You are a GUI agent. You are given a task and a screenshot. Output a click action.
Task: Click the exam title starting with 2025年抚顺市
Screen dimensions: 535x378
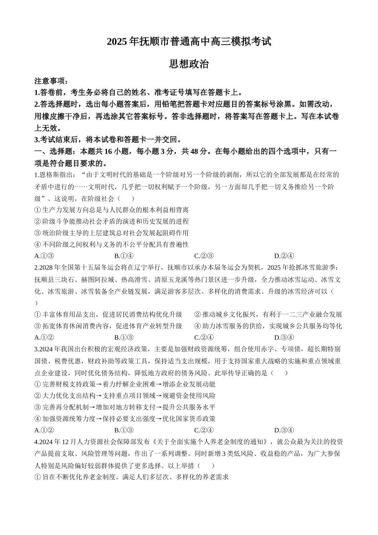pyautogui.click(x=189, y=41)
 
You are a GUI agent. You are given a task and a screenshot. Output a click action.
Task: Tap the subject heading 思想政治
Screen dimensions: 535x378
pyautogui.click(x=189, y=64)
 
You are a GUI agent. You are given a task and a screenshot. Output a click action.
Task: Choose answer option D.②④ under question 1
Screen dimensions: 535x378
pyautogui.click(x=284, y=256)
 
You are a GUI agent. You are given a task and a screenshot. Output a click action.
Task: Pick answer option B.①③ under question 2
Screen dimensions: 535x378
pyautogui.click(x=124, y=338)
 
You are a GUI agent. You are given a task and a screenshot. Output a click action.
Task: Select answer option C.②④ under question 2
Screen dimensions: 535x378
pyautogui.click(x=204, y=338)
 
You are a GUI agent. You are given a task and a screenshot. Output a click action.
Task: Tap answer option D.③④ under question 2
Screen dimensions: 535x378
pyautogui.click(x=284, y=338)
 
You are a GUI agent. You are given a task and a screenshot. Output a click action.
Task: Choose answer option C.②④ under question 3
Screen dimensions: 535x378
pyautogui.click(x=204, y=430)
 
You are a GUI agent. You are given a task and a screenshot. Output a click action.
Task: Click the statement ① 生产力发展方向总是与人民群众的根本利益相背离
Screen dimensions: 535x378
pyautogui.click(x=112, y=210)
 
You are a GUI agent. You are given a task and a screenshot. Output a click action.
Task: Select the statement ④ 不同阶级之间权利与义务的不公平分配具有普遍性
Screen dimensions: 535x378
pyautogui.click(x=112, y=244)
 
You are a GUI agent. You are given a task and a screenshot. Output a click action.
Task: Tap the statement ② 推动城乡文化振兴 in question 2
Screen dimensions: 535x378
pyautogui.click(x=268, y=314)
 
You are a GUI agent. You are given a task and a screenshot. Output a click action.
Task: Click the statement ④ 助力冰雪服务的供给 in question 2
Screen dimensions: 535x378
pyautogui.click(x=268, y=326)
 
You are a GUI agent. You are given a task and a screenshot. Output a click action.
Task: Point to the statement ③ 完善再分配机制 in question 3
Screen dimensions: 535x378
pyautogui.click(x=125, y=407)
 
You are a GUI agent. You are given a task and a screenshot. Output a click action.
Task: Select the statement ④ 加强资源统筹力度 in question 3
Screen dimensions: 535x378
pyautogui.click(x=125, y=419)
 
